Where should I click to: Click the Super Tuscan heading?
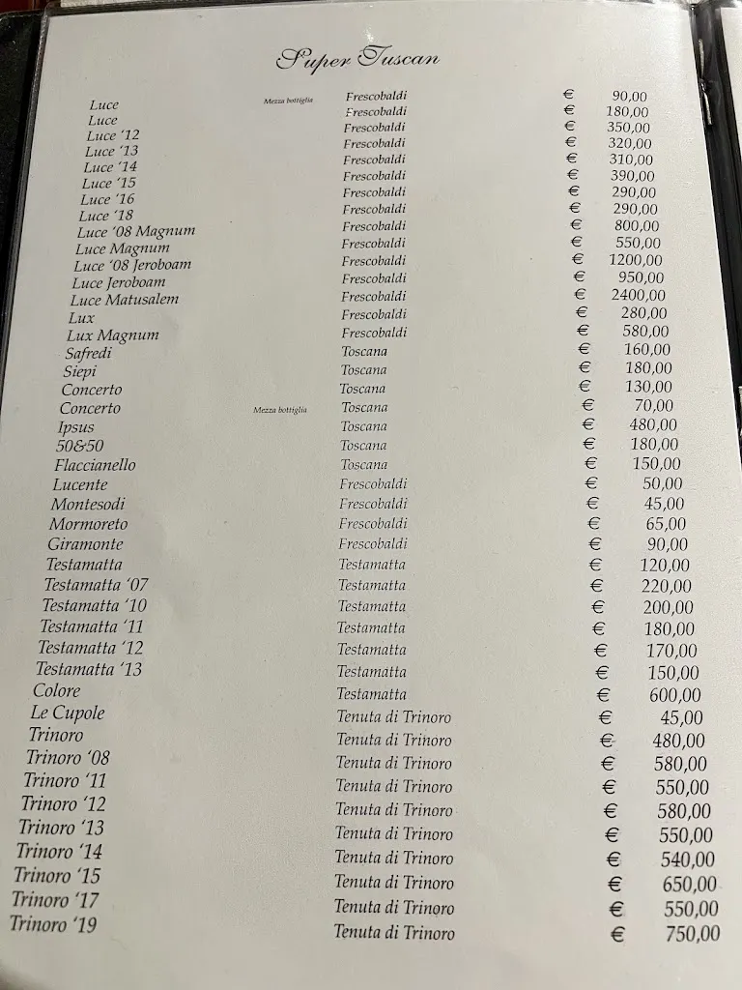coord(357,59)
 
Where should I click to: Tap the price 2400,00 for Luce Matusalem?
coord(638,295)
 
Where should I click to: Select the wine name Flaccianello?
coord(95,465)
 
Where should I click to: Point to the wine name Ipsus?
coord(75,426)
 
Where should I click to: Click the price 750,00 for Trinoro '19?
coord(693,934)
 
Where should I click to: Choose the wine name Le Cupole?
coord(68,713)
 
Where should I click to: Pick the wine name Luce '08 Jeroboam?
coord(132,265)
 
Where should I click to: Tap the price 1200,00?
coord(636,260)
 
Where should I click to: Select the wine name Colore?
coord(57,690)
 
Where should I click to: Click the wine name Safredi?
coord(89,353)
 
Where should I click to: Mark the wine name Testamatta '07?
coord(96,585)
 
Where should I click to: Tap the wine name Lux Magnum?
coord(112,335)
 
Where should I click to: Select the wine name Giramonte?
coord(86,544)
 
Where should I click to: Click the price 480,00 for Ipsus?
coord(654,424)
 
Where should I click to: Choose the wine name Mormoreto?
coord(88,524)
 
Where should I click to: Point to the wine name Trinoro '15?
coord(57,876)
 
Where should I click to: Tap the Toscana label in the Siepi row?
coord(363,369)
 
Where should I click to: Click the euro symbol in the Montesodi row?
coord(593,504)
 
